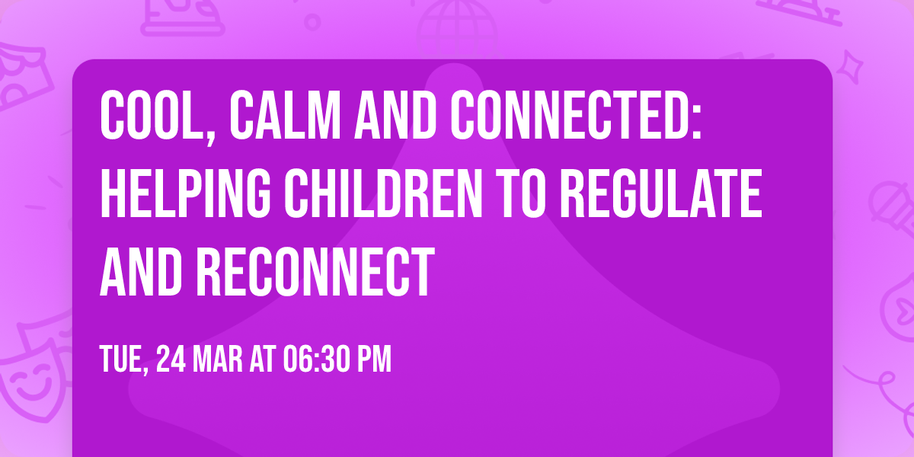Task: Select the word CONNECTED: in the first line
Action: (x=580, y=117)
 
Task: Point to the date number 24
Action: (x=171, y=360)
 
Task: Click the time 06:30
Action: (x=313, y=360)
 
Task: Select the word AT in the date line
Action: (x=263, y=360)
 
